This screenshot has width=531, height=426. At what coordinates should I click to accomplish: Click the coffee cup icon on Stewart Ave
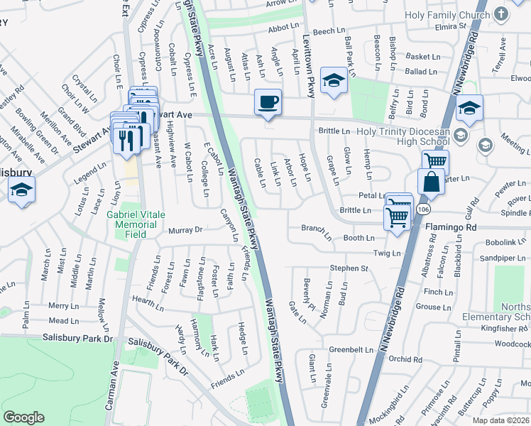pos(268,103)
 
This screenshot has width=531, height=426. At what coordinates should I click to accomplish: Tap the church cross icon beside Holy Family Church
pos(500,14)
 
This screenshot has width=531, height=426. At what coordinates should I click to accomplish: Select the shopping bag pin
pos(431,183)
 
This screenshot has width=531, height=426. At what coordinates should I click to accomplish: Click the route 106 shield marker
pos(424,209)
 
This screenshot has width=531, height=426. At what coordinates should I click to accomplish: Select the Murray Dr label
pos(185,230)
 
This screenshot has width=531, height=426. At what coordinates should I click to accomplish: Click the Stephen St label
pos(349,268)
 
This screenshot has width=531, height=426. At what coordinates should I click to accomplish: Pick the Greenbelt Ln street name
pos(351,350)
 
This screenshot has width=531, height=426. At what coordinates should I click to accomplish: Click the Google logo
pos(23,417)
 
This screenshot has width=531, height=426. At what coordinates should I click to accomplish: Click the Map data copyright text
pos(500,420)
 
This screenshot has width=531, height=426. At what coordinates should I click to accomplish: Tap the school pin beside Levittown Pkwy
pos(333,82)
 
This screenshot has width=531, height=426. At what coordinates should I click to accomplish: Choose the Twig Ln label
pos(387,253)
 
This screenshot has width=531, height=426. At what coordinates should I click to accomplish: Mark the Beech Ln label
pos(328,32)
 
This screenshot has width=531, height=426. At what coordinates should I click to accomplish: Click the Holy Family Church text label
pos(447,14)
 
